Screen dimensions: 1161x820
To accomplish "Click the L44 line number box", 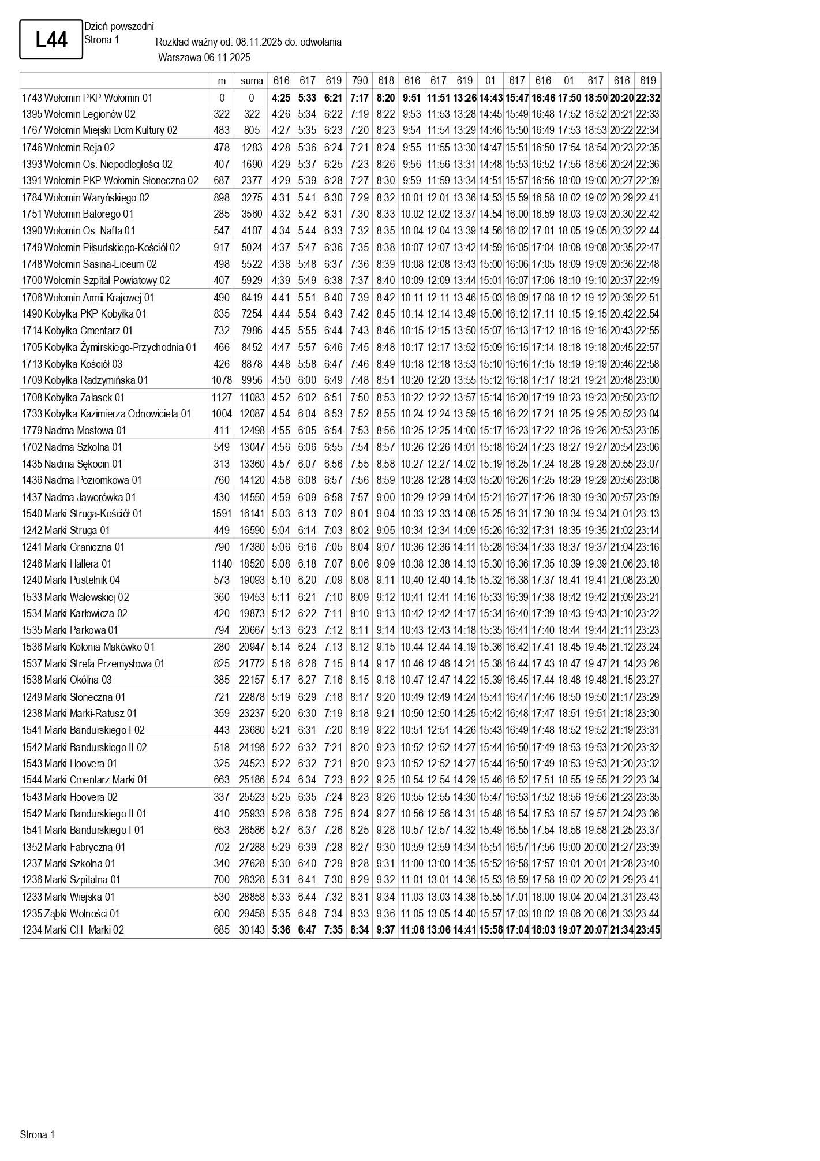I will [51, 40].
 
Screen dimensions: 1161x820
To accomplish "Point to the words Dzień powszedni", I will [119, 27].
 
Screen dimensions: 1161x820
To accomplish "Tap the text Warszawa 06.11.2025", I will [204, 58].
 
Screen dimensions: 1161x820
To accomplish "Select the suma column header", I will [252, 81].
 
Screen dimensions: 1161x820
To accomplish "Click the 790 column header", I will [360, 81].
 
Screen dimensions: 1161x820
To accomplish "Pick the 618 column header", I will [385, 81].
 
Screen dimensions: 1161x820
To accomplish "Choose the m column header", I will [222, 81].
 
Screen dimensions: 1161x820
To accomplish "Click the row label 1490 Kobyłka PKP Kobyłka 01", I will [84, 314].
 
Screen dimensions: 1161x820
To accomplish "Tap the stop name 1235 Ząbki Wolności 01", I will [71, 913].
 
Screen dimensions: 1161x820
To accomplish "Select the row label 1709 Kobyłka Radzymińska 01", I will [85, 380].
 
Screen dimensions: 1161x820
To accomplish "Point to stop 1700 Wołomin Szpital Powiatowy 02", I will [96, 281].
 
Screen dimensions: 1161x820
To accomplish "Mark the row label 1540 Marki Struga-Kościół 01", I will [82, 514].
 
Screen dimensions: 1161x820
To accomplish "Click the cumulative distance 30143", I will [252, 930].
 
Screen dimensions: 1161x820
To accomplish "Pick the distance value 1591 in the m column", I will [222, 514].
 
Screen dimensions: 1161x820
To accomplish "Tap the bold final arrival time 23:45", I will [648, 930].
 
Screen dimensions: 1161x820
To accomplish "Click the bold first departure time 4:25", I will [281, 98].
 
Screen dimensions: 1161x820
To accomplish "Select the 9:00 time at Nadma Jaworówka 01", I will [385, 498].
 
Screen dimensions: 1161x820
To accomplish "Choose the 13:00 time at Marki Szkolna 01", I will [438, 864].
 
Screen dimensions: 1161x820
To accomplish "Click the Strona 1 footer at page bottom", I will [38, 1135].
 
